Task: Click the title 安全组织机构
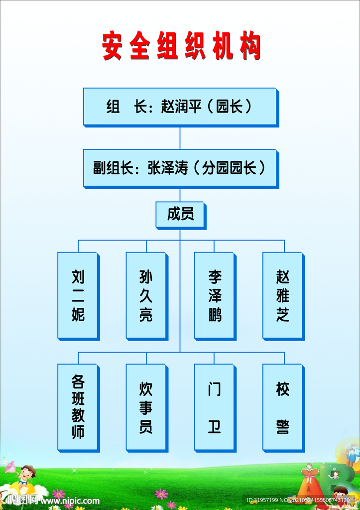(181, 46)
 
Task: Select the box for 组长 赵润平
(180, 107)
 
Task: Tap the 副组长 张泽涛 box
(180, 168)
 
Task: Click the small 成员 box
(180, 215)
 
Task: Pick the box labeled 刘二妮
(78, 295)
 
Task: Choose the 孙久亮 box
(146, 295)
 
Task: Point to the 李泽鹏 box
(214, 295)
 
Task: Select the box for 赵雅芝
(282, 295)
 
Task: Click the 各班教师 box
(78, 407)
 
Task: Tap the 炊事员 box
(146, 407)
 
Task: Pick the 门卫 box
(214, 407)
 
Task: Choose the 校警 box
(282, 407)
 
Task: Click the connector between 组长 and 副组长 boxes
(180, 137)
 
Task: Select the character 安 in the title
(112, 46)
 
